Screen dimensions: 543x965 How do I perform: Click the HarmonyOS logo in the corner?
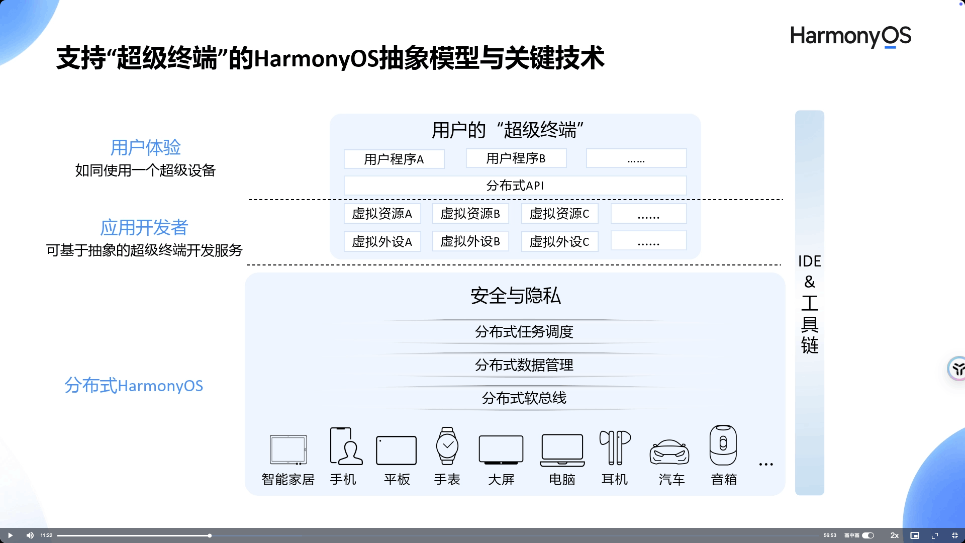click(x=850, y=36)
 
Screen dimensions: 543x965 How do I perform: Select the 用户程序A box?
click(x=394, y=159)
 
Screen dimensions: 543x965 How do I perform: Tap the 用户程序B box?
click(x=516, y=158)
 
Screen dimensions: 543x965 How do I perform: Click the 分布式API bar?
click(x=515, y=186)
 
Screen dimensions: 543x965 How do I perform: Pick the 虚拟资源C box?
click(x=559, y=214)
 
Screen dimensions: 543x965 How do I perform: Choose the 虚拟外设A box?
click(x=382, y=241)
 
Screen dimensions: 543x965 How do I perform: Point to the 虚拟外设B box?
click(x=470, y=241)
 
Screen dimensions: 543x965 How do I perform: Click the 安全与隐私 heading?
click(x=516, y=296)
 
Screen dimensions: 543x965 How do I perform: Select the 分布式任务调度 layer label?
click(x=524, y=332)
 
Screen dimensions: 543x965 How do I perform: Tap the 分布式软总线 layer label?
click(x=524, y=398)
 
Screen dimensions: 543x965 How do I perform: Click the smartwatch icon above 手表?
click(x=447, y=445)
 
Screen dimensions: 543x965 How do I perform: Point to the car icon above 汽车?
click(x=669, y=451)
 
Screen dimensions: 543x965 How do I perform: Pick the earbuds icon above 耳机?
click(x=615, y=447)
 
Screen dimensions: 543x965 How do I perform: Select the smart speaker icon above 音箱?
click(x=723, y=445)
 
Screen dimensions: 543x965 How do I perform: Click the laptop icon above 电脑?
click(x=562, y=449)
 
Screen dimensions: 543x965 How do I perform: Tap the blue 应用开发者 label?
click(x=144, y=227)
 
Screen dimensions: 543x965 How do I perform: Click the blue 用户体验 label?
click(x=145, y=147)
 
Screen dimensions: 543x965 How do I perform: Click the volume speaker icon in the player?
click(x=30, y=535)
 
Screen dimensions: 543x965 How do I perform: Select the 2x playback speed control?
click(x=895, y=535)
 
